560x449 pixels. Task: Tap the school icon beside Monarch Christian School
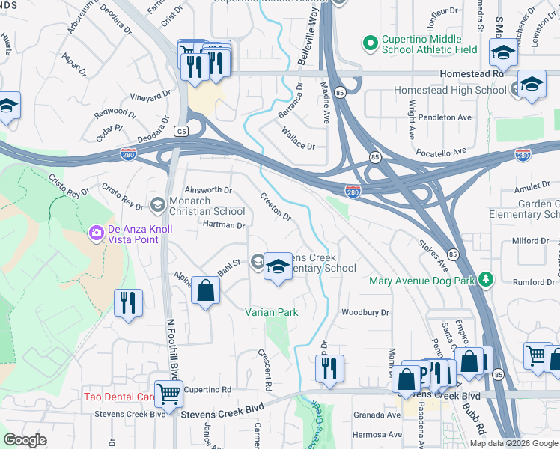(158, 204)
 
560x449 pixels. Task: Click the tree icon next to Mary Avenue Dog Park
(487, 281)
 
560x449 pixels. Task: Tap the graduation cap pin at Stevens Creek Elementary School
(278, 267)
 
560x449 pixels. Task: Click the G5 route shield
(180, 131)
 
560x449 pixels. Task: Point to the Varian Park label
(273, 312)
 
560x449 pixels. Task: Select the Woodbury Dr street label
(365, 312)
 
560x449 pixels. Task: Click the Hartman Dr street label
(224, 225)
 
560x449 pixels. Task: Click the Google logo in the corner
(25, 440)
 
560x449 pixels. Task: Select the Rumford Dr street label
(533, 282)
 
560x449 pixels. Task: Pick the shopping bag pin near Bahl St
(205, 291)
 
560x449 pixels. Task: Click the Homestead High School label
(451, 91)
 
